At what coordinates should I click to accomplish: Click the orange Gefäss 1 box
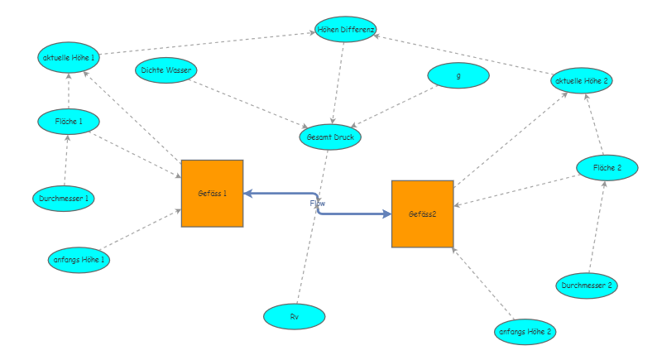(x=212, y=193)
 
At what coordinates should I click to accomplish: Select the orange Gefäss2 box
(x=422, y=214)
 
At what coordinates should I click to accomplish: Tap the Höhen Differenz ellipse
(x=346, y=30)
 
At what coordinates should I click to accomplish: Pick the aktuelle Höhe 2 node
(x=582, y=80)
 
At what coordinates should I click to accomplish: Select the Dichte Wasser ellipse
(x=165, y=70)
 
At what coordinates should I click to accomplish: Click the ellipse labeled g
(x=458, y=75)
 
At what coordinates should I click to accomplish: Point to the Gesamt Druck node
(x=330, y=137)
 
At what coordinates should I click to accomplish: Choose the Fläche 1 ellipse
(x=69, y=122)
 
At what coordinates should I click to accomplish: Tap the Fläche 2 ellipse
(x=607, y=167)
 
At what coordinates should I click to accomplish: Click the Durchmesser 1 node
(x=64, y=199)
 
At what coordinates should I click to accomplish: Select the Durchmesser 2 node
(x=586, y=286)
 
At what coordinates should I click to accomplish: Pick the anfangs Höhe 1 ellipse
(x=79, y=259)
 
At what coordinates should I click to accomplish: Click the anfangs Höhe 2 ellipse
(x=525, y=332)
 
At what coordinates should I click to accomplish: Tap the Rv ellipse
(x=294, y=316)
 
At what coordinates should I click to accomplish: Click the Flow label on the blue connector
(x=318, y=203)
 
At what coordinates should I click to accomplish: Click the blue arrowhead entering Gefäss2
(x=386, y=214)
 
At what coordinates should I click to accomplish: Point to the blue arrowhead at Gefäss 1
(x=248, y=193)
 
